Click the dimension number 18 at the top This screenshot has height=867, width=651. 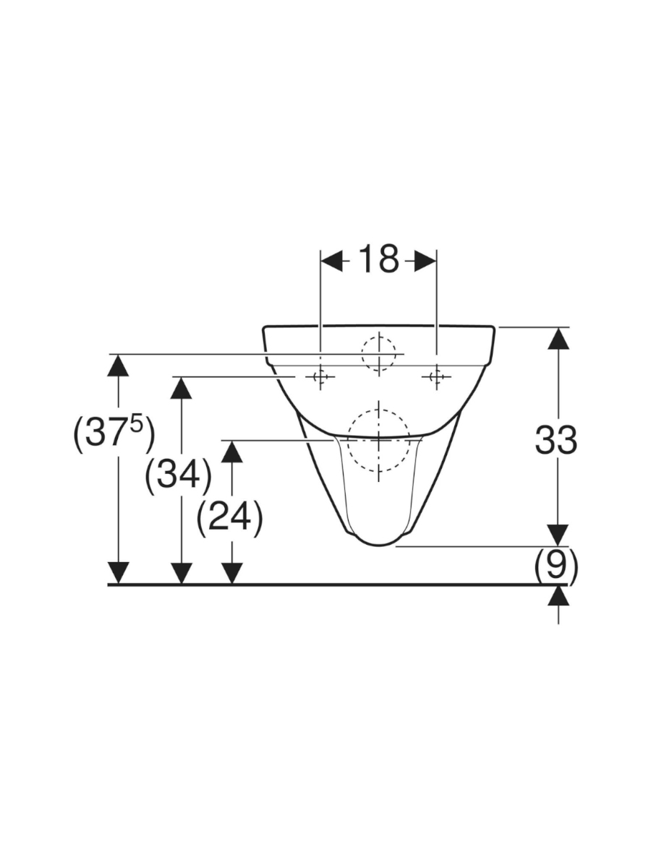click(x=378, y=259)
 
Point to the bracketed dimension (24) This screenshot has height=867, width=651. click(x=229, y=519)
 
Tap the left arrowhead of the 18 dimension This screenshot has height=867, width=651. click(x=331, y=261)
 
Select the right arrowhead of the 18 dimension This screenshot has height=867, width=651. click(x=425, y=261)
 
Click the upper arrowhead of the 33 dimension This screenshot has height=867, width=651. click(x=558, y=338)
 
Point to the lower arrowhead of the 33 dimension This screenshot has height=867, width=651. click(x=558, y=535)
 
